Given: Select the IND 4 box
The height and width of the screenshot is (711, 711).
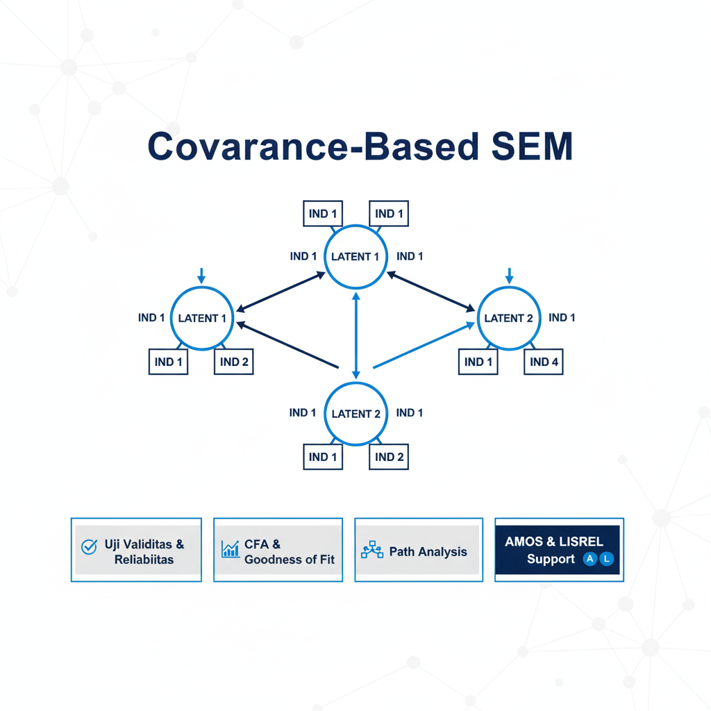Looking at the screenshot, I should click(x=544, y=362).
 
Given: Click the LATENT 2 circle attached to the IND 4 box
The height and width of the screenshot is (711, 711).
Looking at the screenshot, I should click(x=508, y=318).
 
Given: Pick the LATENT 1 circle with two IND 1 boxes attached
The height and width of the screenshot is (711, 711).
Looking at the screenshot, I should click(x=355, y=256).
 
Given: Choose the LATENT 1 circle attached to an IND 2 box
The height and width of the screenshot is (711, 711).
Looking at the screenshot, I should click(x=201, y=318).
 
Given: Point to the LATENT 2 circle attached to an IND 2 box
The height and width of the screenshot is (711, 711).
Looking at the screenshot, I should click(x=355, y=414).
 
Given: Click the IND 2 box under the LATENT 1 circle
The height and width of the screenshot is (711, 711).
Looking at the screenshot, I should click(x=234, y=362).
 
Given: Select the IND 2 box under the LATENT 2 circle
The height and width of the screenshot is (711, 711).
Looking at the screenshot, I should click(x=389, y=457).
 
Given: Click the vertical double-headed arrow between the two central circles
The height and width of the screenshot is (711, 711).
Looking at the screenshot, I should click(x=355, y=335).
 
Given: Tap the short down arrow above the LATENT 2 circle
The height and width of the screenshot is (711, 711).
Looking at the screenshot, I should click(x=509, y=276).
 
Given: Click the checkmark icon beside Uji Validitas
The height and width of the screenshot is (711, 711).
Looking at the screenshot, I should click(x=89, y=547).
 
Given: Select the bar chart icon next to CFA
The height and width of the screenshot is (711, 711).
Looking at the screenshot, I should click(x=230, y=549).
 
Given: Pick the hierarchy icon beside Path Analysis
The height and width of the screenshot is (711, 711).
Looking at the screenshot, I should click(x=372, y=551).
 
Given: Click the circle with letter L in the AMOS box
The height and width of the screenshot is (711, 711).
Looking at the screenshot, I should click(x=607, y=559).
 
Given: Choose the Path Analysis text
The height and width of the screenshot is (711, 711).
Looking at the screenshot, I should click(x=428, y=552).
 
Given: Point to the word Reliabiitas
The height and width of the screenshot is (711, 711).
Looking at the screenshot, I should click(x=144, y=560).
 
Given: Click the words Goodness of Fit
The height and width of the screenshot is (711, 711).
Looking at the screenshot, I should click(x=289, y=560).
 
